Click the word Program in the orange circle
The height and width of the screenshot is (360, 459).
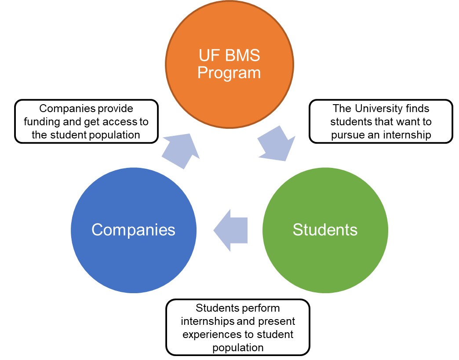coord(229,73)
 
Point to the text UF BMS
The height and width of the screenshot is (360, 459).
coord(229,56)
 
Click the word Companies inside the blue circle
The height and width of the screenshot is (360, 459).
coord(133,229)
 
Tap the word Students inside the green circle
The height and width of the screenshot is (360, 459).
coord(325,229)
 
